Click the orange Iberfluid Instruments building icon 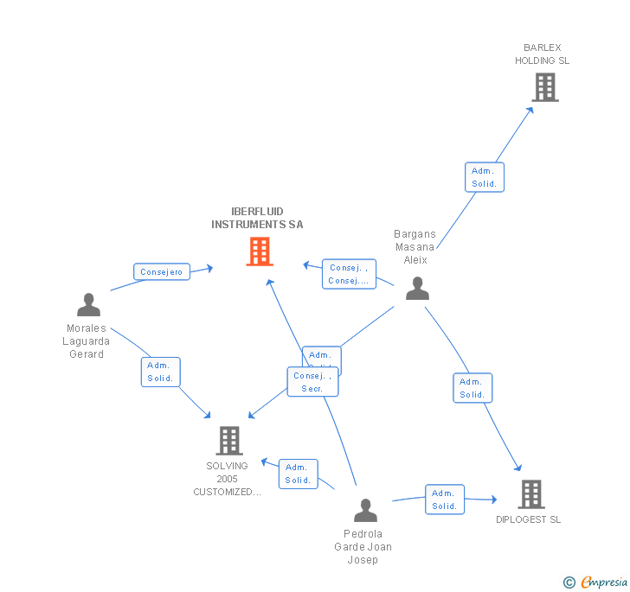click(260, 251)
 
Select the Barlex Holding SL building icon click(544, 87)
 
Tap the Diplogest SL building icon click(530, 494)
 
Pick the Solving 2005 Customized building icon click(228, 441)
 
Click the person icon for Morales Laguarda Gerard click(88, 305)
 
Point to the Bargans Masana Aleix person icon click(417, 289)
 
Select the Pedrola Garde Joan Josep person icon click(365, 511)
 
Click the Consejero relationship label click(162, 272)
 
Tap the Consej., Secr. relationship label click(312, 382)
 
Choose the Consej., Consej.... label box click(349, 274)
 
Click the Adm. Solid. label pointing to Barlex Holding click(484, 177)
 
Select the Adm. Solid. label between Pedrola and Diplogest click(445, 500)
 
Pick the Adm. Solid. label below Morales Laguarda click(160, 372)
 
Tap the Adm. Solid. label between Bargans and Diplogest click(472, 388)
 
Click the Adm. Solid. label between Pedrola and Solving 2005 click(298, 474)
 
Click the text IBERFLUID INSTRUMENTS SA click(257, 218)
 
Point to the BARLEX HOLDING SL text click(543, 54)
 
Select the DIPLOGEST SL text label click(528, 519)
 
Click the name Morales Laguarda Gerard click(87, 341)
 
